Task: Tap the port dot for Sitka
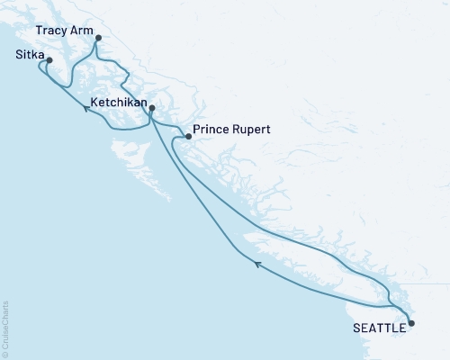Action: (49, 61)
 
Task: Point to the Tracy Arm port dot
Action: (98, 38)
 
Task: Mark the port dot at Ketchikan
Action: (152, 109)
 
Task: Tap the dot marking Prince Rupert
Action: (187, 137)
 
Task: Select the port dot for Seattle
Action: (411, 322)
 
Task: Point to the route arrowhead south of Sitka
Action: (86, 107)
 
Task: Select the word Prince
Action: (211, 130)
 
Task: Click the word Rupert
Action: (252, 130)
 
